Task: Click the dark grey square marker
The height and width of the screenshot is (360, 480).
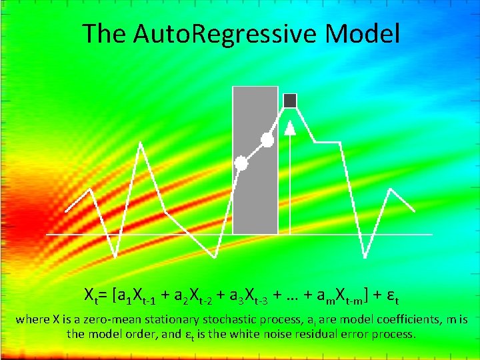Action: point(290,101)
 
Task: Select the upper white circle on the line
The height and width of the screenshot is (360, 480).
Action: point(267,140)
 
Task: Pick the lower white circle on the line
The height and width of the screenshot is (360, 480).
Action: point(241,163)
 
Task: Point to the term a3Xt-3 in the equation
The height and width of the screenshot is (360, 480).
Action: point(253,294)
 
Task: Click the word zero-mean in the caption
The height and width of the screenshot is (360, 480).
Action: point(95,319)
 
